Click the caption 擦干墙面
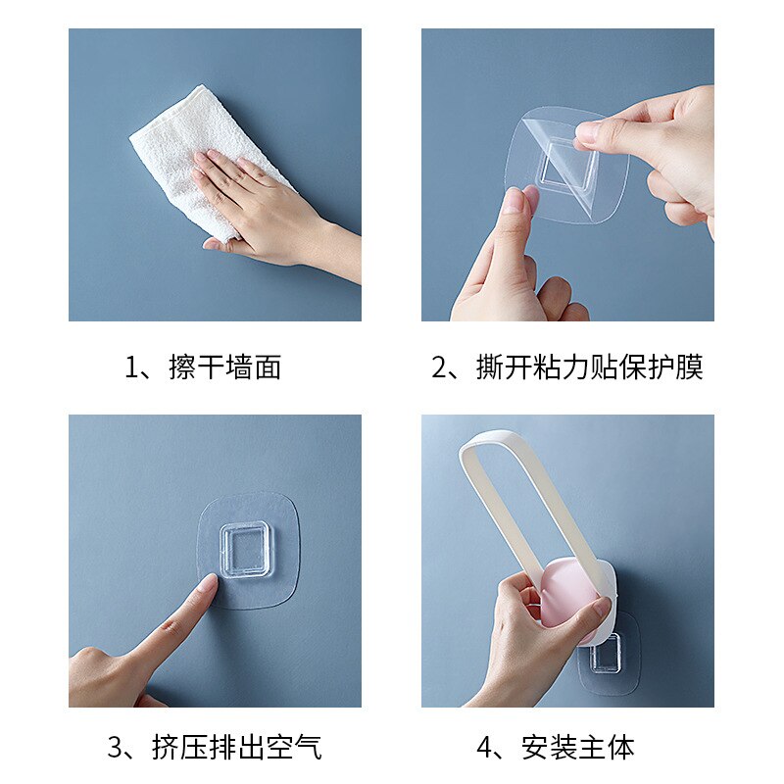(x=224, y=367)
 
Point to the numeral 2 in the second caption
(x=440, y=367)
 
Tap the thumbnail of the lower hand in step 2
(x=514, y=201)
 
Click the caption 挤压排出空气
(x=236, y=748)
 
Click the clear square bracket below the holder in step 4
(x=605, y=656)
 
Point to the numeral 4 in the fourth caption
(x=484, y=748)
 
